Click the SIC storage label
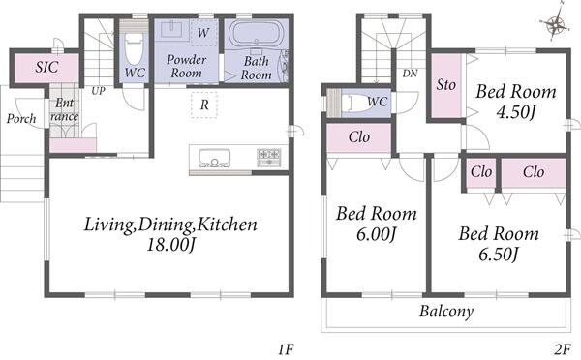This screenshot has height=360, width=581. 47,67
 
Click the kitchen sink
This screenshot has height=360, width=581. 214,158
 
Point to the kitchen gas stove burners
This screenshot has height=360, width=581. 269,157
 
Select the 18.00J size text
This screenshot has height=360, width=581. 170,245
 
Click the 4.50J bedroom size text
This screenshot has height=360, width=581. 516,112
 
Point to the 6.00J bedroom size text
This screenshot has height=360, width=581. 377,234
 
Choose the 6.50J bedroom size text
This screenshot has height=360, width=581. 499,255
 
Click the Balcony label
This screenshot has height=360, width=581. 446,311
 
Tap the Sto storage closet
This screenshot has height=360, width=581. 446,86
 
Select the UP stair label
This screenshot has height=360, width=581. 98,91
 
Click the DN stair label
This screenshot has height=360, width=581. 410,74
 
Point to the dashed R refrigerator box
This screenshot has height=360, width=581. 204,105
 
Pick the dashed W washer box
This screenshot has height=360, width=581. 203,33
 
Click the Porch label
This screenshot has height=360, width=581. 21,118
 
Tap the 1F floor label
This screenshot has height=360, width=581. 286,349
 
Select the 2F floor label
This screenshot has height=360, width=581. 562,349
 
